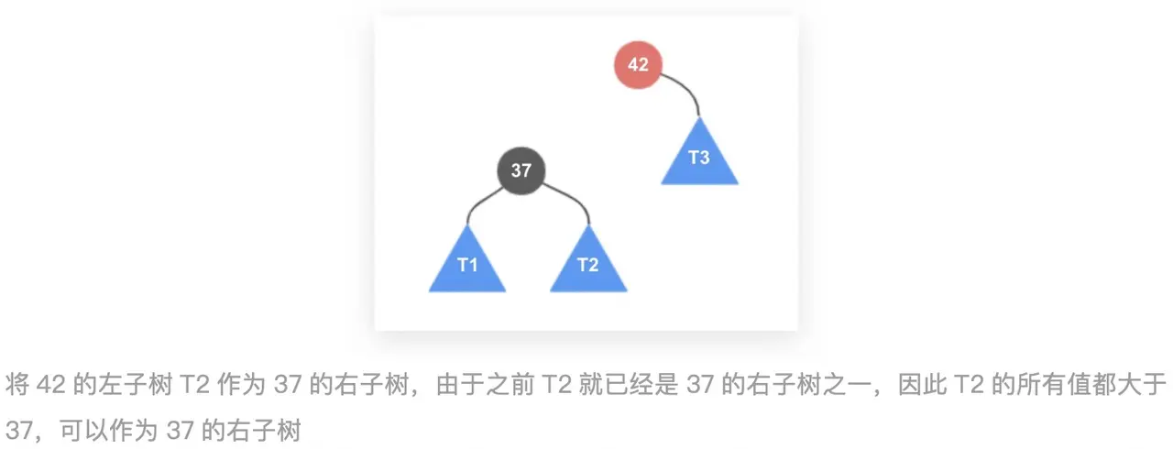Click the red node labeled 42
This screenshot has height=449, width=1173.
638,65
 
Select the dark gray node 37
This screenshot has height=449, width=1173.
521,170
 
